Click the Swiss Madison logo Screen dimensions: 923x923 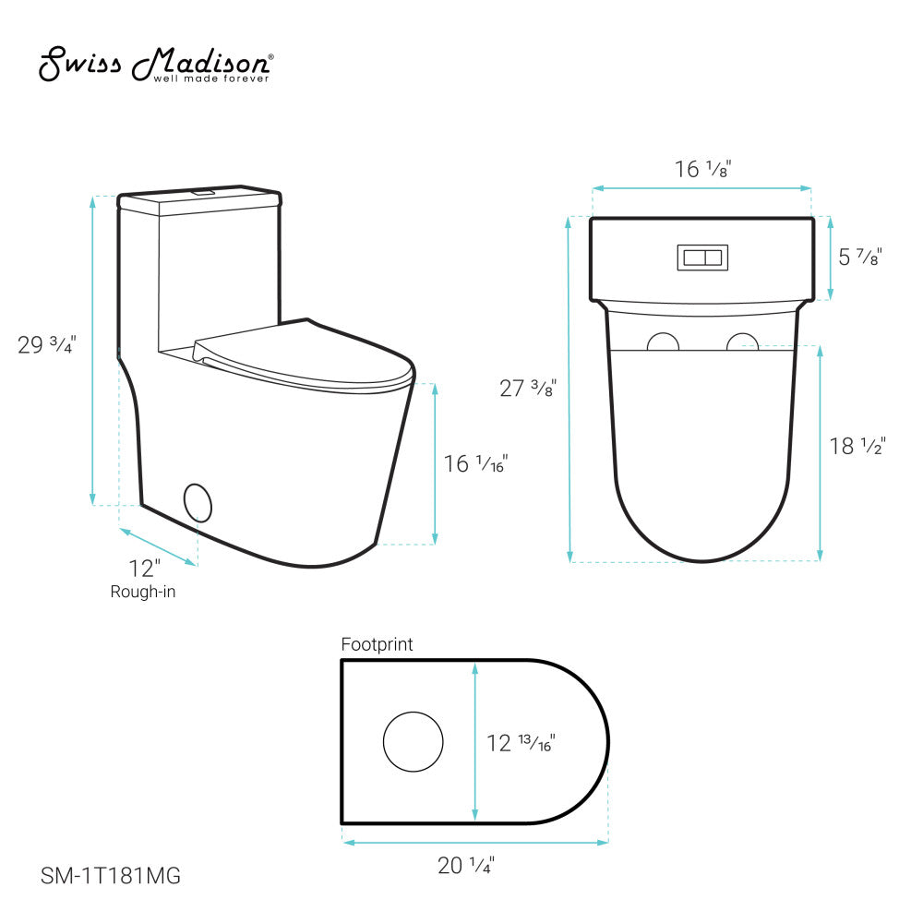pyautogui.click(x=155, y=65)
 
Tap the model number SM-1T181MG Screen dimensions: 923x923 pyautogui.click(x=111, y=876)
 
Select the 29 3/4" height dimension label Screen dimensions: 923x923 pyautogui.click(x=46, y=345)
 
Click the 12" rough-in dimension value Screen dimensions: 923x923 pyautogui.click(x=144, y=568)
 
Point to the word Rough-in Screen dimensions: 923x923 pyautogui.click(x=142, y=592)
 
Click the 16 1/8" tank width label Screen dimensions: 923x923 pyautogui.click(x=704, y=170)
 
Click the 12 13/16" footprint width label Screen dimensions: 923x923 pyautogui.click(x=521, y=741)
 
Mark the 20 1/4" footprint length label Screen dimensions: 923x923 pyautogui.click(x=466, y=866)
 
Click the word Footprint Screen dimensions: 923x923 pyautogui.click(x=377, y=644)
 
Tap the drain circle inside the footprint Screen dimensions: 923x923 pyautogui.click(x=413, y=741)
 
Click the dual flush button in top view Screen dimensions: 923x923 pyautogui.click(x=703, y=258)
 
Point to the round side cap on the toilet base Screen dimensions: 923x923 pyautogui.click(x=198, y=501)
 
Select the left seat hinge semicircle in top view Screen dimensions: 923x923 pyautogui.click(x=662, y=342)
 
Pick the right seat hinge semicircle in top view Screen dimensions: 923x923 pyautogui.click(x=743, y=342)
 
